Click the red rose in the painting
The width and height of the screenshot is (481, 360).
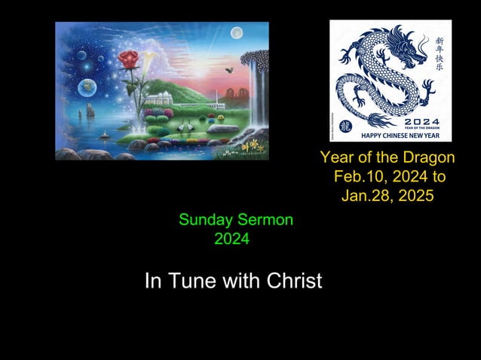(x=130, y=58)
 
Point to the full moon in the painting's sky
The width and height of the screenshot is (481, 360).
(x=236, y=32)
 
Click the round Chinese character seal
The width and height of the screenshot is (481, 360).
(x=345, y=127)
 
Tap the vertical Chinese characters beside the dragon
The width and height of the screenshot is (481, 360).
(x=440, y=53)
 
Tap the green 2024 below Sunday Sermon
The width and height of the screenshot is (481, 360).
(x=231, y=240)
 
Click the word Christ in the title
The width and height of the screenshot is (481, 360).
(x=290, y=281)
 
